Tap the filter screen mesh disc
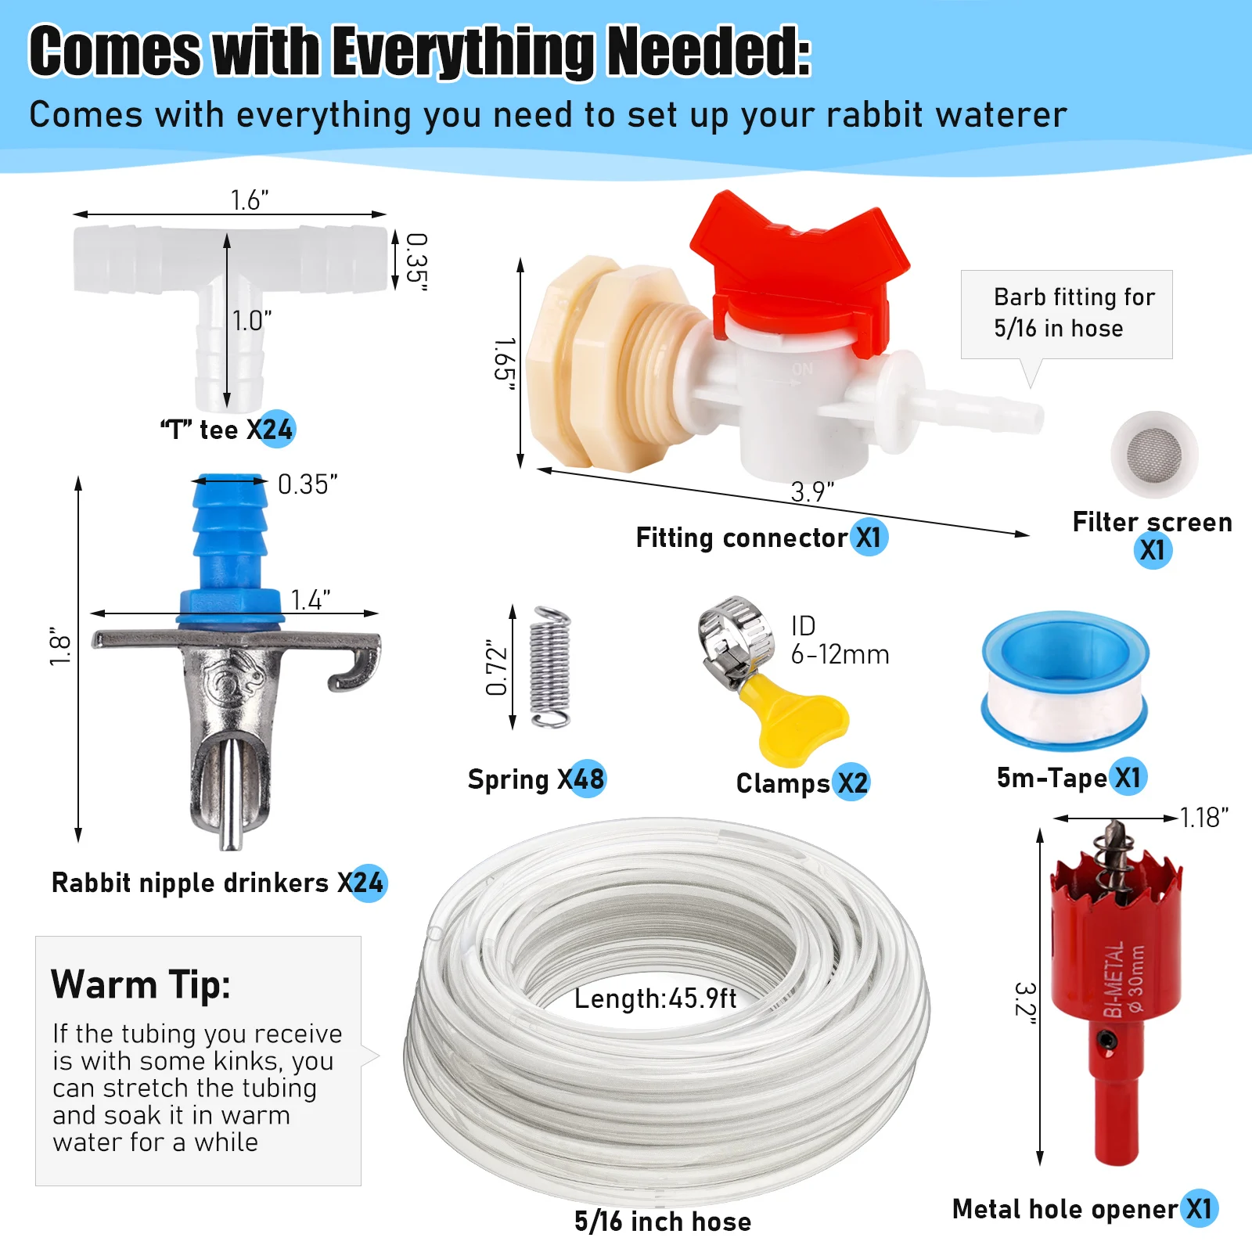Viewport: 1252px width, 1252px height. click(x=1154, y=455)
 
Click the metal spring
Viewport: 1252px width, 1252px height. click(x=550, y=667)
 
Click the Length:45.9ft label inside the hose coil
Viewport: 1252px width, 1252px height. click(x=655, y=998)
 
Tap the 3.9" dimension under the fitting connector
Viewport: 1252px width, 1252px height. click(x=812, y=492)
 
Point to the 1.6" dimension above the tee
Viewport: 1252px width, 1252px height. click(x=250, y=200)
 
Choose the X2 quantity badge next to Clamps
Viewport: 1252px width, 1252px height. click(x=851, y=782)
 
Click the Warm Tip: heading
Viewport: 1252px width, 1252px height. click(x=141, y=984)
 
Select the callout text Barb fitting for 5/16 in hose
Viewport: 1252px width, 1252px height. click(x=1074, y=312)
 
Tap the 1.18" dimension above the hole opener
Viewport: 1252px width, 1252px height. click(x=1204, y=818)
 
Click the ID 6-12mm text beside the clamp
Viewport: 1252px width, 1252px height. click(x=840, y=640)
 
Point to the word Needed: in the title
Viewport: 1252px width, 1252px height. click(x=709, y=52)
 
